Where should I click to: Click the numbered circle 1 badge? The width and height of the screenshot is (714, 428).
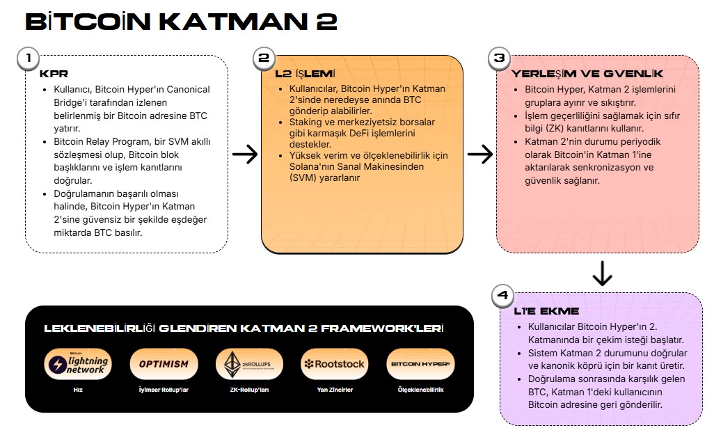coord(29,58)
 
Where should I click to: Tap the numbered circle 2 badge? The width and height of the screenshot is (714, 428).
coord(264,58)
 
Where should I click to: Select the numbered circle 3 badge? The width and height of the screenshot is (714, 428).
coord(499,58)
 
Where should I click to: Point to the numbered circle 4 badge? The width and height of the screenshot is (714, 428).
coord(502,296)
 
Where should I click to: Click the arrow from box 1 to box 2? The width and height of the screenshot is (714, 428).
coord(245,154)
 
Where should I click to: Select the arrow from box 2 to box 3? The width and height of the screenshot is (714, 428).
coord(480,154)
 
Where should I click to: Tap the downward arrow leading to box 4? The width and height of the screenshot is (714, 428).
coord(602,274)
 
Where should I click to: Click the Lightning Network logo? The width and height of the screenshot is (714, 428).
coord(78,364)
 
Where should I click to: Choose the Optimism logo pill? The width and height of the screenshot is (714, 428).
coord(164,364)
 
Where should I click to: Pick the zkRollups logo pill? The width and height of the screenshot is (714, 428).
coord(249,364)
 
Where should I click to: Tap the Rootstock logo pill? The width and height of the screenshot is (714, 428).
coord(335,364)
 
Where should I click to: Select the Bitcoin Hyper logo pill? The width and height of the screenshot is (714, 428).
coord(420,364)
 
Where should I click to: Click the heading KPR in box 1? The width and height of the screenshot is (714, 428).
coord(54,74)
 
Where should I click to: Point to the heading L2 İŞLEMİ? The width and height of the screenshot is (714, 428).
coord(305,74)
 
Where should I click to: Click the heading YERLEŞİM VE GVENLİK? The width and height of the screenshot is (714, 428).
coord(587,74)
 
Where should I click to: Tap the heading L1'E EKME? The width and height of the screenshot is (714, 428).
coord(546,312)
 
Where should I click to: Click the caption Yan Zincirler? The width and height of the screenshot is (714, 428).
coord(335,390)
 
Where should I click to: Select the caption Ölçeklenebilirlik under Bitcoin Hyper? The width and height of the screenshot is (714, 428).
coord(420,390)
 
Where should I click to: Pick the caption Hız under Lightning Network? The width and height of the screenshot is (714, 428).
coord(78,390)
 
